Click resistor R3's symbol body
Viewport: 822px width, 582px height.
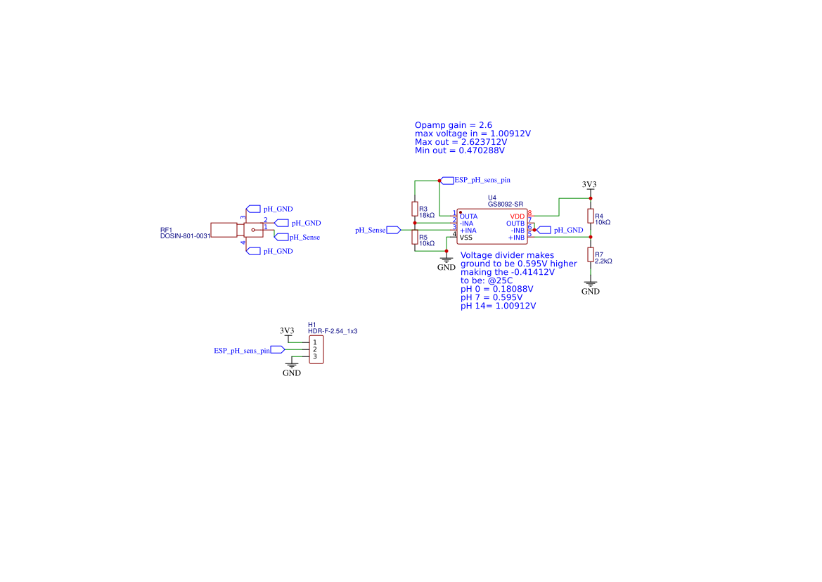(414, 209)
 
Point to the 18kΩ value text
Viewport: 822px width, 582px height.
(427, 215)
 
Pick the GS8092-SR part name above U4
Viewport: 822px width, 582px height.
(505, 205)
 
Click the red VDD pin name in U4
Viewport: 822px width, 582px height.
(517, 216)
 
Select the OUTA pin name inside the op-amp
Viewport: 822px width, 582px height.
(468, 216)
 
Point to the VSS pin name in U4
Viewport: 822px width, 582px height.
(466, 238)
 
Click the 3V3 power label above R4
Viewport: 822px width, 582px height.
(589, 184)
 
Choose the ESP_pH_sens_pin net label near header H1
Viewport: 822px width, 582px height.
(243, 349)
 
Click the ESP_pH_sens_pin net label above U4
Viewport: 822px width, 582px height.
(482, 180)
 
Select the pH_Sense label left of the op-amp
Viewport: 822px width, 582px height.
(370, 230)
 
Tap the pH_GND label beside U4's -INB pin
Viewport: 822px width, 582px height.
(568, 230)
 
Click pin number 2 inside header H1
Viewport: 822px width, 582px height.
(315, 349)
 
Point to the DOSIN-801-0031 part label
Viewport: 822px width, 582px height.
(185, 236)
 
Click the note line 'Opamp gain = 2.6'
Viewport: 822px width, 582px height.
(454, 124)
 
